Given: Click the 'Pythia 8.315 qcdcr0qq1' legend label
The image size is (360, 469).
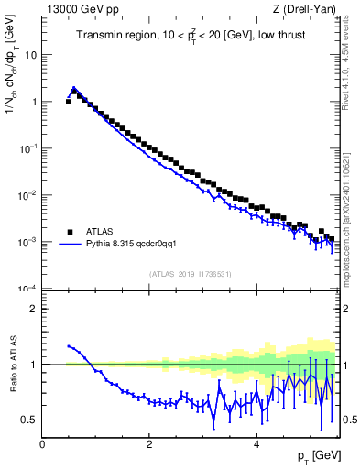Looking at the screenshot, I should [x=136, y=245].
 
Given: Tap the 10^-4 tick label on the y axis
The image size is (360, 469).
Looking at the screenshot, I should [x=29, y=289].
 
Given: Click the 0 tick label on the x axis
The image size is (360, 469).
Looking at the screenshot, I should [x=42, y=444].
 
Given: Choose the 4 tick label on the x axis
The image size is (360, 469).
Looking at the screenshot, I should [x=256, y=444].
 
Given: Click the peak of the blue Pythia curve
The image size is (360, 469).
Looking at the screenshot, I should [x=74, y=89].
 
